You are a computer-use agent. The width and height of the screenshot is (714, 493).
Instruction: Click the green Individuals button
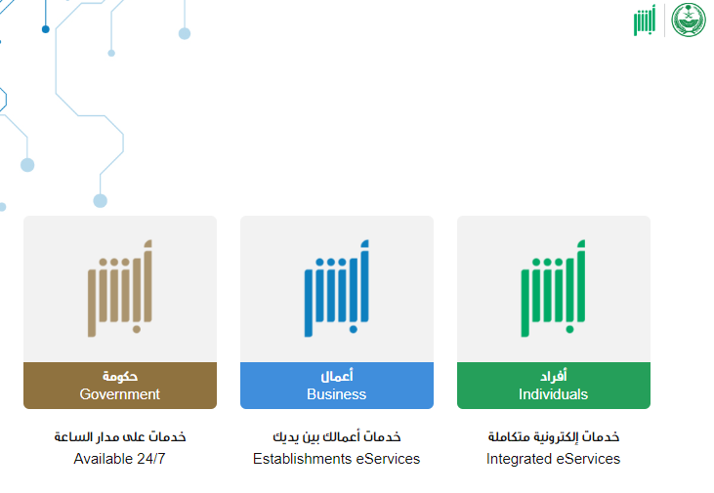coord(553,385)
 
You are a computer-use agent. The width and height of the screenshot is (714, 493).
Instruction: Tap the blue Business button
coord(337,385)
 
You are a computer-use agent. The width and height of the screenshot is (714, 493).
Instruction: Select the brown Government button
coord(120,385)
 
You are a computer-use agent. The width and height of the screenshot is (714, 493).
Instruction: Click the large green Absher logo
coord(553,289)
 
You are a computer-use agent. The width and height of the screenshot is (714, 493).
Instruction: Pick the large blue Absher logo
coord(337,289)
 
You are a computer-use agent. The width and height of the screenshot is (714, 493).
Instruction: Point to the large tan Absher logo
coord(120,289)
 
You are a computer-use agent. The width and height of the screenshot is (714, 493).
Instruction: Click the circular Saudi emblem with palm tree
coord(689,20)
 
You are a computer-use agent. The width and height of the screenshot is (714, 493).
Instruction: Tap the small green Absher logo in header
coord(645,21)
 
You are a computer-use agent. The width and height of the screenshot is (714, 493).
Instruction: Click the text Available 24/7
coord(119,459)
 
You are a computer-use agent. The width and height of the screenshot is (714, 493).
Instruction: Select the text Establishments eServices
coord(337,459)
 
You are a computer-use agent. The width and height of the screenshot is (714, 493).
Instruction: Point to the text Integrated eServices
coord(553,459)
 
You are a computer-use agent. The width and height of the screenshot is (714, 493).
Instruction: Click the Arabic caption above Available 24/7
coord(120,436)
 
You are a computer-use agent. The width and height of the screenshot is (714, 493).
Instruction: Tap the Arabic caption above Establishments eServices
coord(337,436)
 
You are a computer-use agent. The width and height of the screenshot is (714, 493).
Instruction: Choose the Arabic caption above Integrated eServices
coord(553,436)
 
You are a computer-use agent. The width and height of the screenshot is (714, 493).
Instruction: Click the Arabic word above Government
coord(120,376)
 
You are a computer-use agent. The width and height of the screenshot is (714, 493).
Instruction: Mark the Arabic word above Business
coord(337,376)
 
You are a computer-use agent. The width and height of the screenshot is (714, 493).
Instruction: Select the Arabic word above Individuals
coord(553,376)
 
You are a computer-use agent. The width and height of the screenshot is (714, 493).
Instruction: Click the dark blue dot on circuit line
coord(46,29)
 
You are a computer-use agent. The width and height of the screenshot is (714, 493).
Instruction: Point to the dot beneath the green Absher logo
coord(569,329)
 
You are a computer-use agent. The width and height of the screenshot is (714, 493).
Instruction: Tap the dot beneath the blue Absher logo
coord(353,329)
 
